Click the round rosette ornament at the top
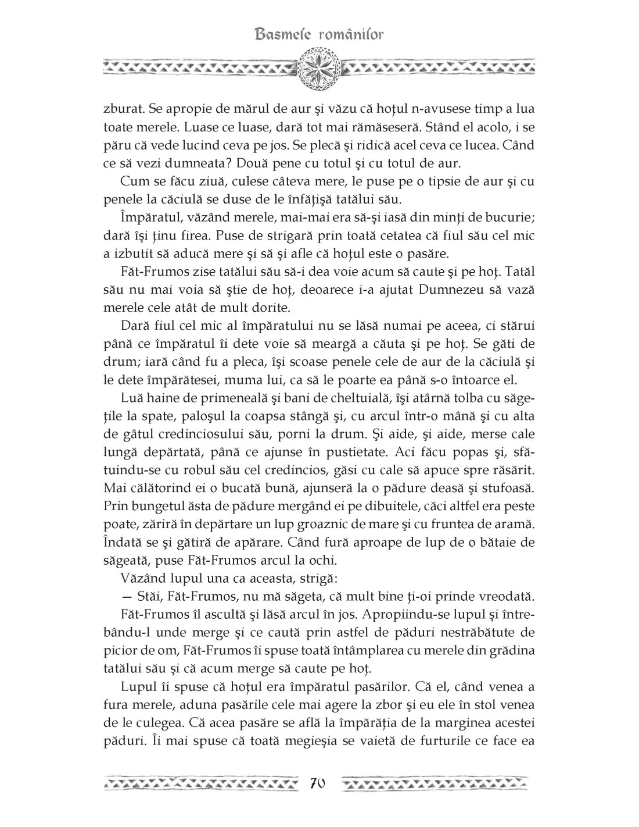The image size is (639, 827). pyautogui.click(x=318, y=69)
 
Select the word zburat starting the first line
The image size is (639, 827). pyautogui.click(x=122, y=109)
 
